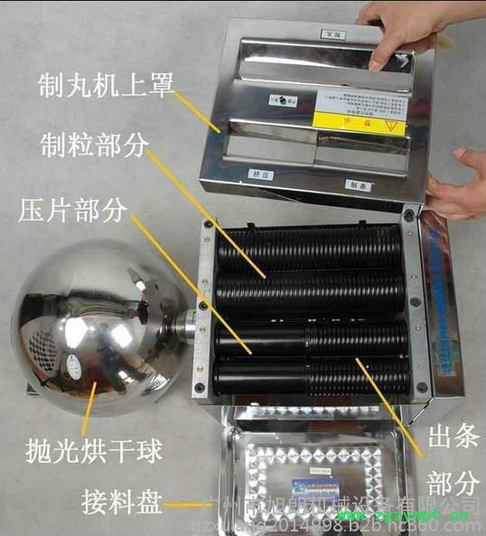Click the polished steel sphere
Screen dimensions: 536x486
(95, 334)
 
